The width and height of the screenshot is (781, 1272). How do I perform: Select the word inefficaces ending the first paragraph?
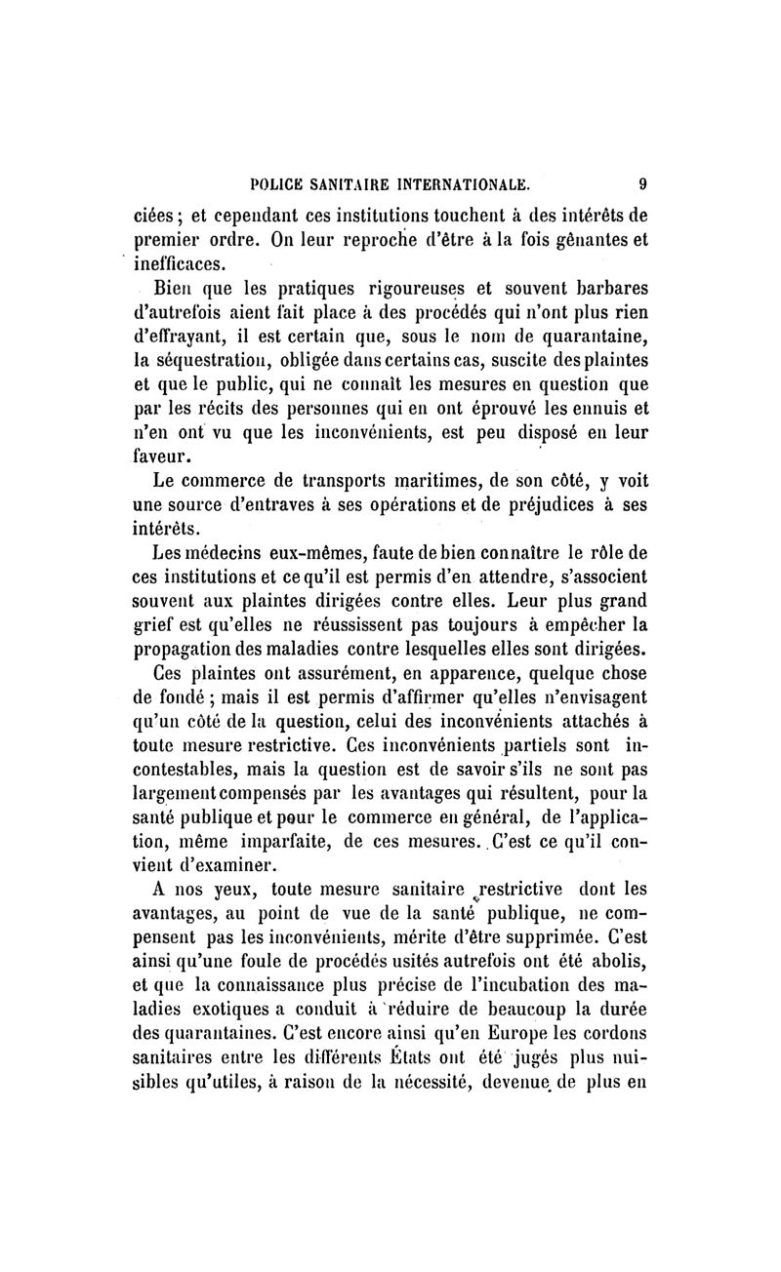point(180,263)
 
